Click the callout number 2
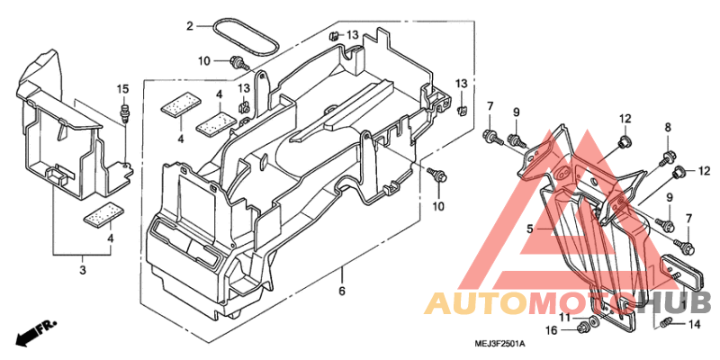[x=190, y=26]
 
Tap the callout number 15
[x=122, y=88]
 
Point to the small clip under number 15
[x=123, y=113]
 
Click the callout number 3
[x=83, y=271]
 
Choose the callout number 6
[x=342, y=291]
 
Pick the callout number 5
[x=530, y=229]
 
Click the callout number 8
[x=668, y=127]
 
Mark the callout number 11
[x=564, y=317]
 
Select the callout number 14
[x=693, y=325]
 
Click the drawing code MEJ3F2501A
[x=500, y=344]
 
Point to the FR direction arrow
[x=35, y=333]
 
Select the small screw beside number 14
[x=666, y=324]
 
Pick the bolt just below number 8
[x=665, y=157]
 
